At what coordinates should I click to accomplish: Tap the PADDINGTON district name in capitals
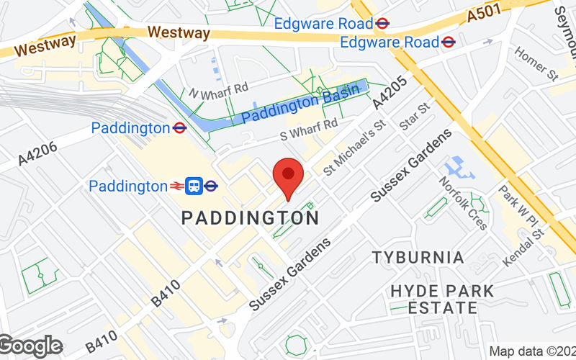250,217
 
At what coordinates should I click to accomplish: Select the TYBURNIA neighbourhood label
418,257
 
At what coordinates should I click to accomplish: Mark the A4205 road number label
390,94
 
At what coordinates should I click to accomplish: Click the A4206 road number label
34,148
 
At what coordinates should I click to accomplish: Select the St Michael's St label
354,147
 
